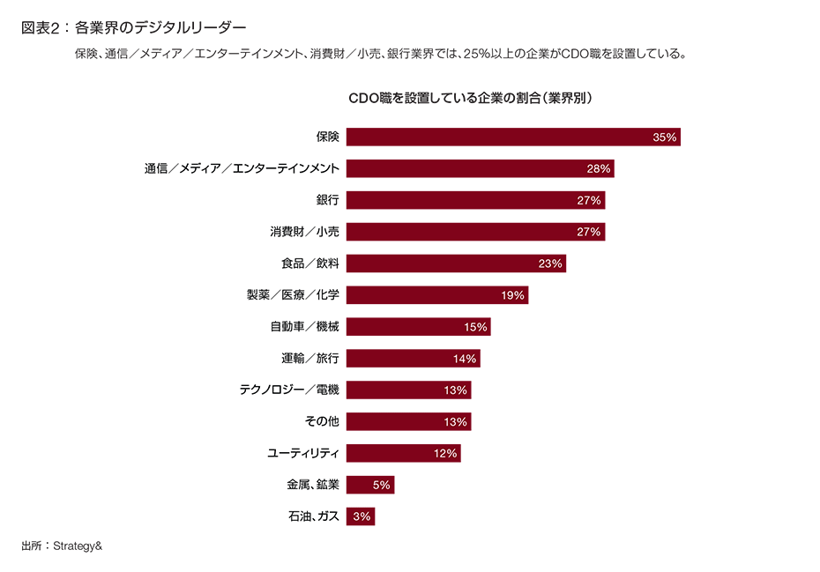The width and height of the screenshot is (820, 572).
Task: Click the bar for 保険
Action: pos(512,137)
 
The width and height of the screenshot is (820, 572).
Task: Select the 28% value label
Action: pos(599,168)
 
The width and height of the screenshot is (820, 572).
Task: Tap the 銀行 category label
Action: pos(327,200)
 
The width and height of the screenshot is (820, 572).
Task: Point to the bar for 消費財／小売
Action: pos(475,232)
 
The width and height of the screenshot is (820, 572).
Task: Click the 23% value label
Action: pos(550,264)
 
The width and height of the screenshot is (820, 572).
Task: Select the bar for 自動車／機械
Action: pos(418,327)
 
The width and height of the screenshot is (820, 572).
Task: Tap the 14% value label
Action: pos(465,359)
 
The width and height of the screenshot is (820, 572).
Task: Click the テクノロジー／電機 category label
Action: pos(289,390)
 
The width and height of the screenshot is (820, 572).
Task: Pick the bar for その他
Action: pos(408,421)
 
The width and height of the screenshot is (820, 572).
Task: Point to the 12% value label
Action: pos(445,453)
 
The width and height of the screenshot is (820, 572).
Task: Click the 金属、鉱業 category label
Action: pos(312,485)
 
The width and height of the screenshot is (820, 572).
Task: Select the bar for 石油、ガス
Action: pos(360,516)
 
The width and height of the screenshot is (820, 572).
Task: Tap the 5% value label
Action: pos(382,485)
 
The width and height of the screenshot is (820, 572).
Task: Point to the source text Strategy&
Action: pos(78,546)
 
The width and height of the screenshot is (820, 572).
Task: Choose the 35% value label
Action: pos(664,137)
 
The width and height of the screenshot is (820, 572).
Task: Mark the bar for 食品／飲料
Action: pos(456,264)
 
